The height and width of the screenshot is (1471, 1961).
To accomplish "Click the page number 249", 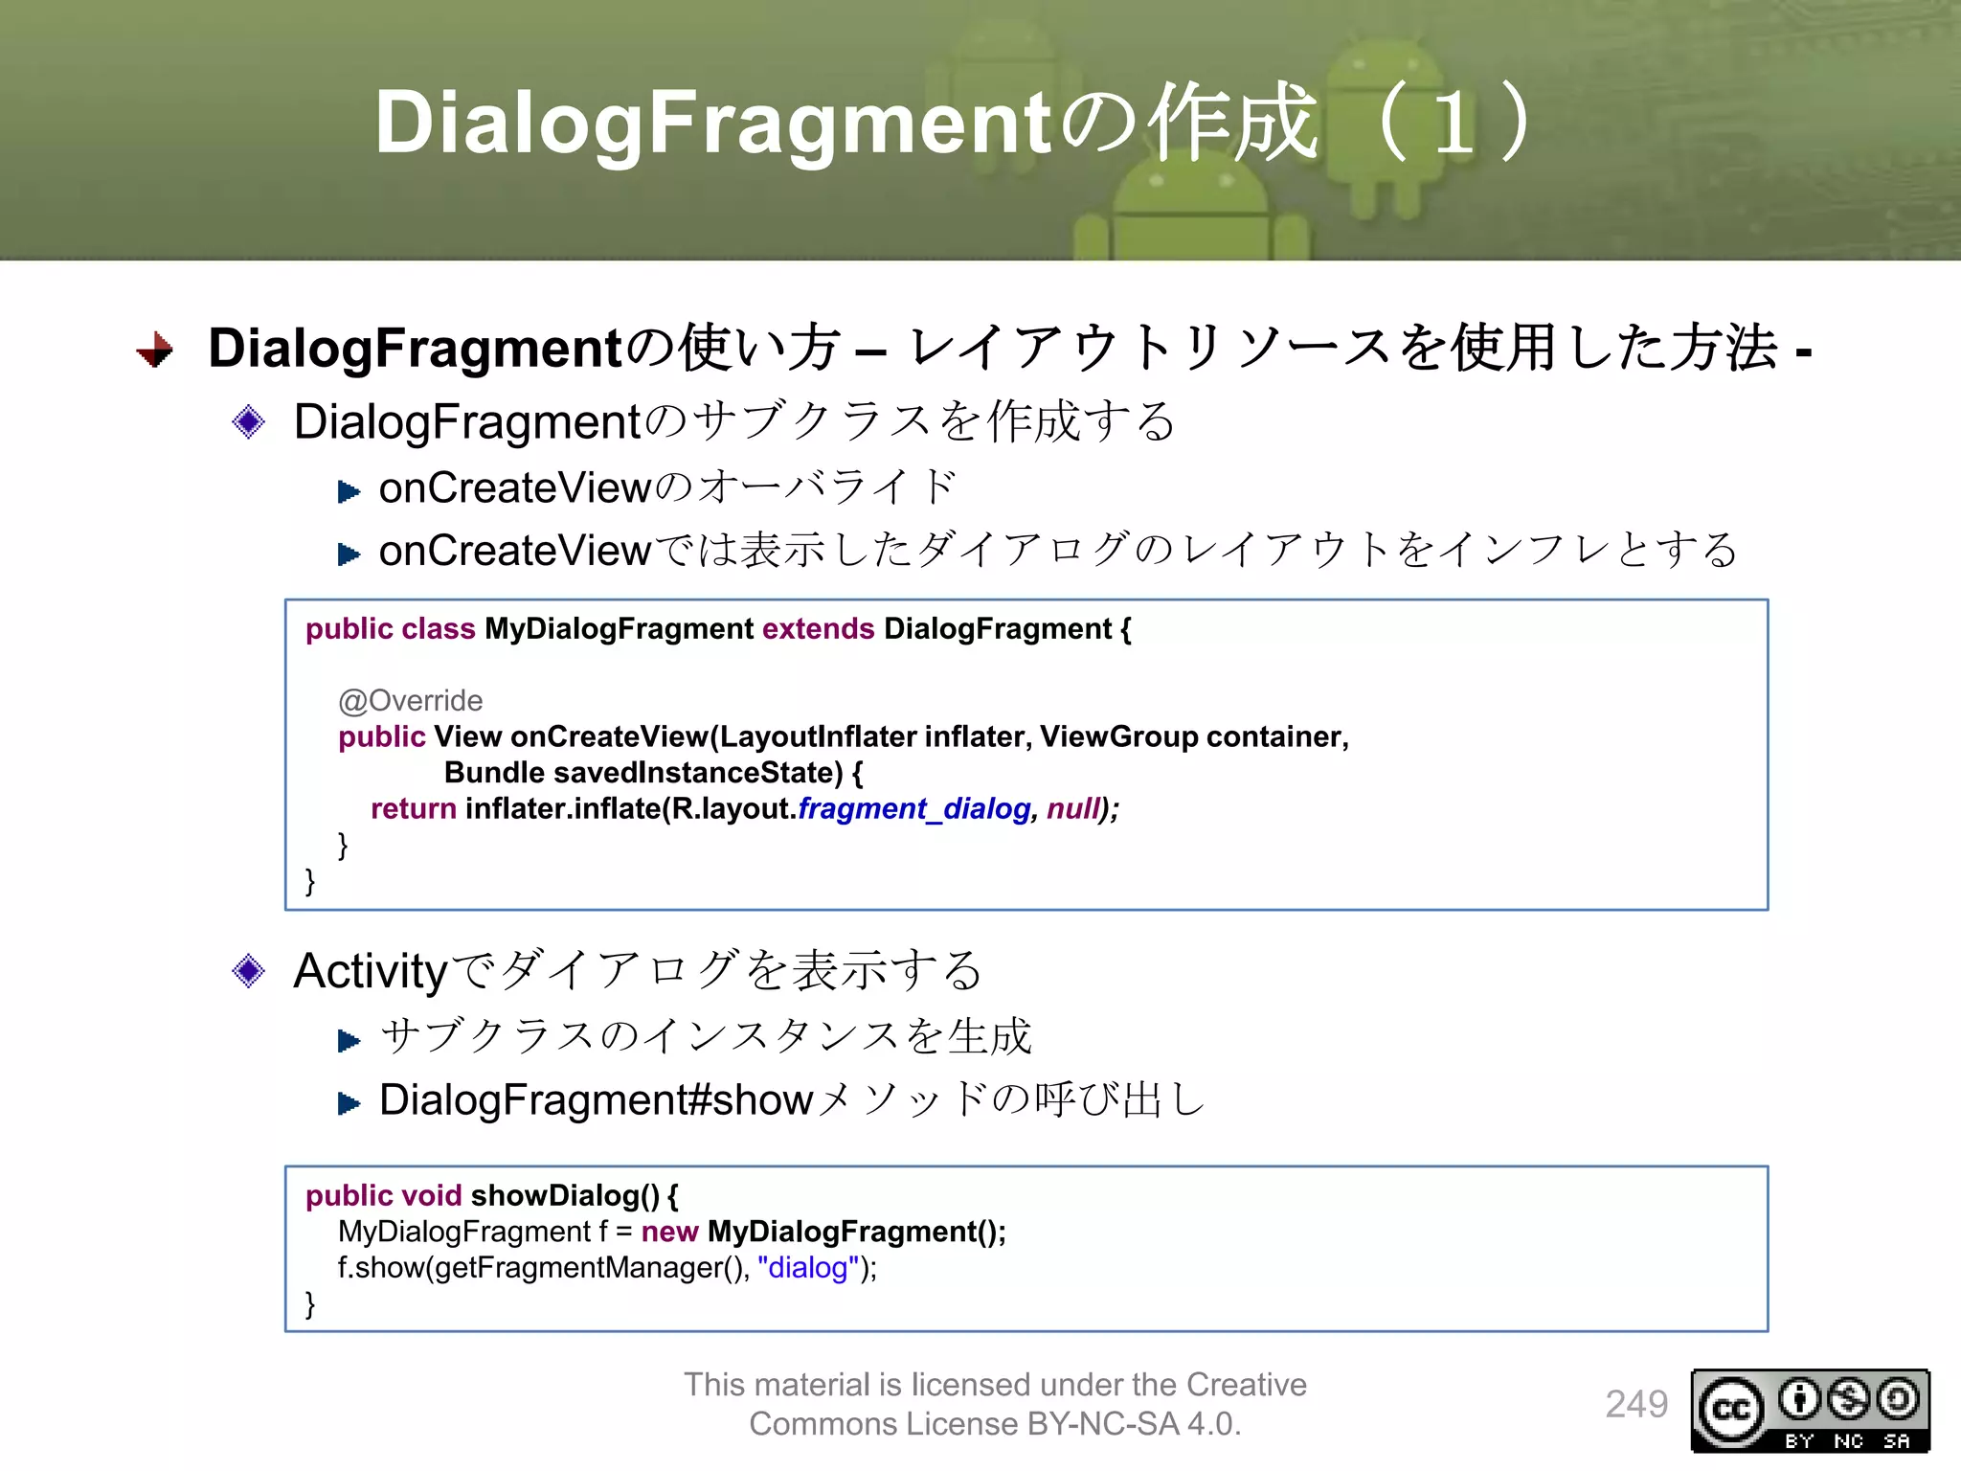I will [x=1636, y=1404].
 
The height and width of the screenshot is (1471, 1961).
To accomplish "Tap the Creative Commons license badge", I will [x=1810, y=1410].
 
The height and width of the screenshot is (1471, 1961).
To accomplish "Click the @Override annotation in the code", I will [x=410, y=701].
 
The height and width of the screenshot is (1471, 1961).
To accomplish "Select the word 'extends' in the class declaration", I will [x=818, y=629].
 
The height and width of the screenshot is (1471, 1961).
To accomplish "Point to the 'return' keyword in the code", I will [x=413, y=809].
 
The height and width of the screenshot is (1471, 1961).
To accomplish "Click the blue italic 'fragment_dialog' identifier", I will [x=914, y=809].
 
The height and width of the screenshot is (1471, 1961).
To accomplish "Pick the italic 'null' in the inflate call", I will [x=1072, y=809].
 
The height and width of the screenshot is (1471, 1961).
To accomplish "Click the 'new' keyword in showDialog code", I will [x=669, y=1232].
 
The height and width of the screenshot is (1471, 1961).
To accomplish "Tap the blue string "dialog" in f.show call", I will [x=807, y=1268].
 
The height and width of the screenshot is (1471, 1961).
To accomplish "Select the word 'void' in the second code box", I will [x=432, y=1196].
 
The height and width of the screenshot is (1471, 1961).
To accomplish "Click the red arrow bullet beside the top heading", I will [x=155, y=350].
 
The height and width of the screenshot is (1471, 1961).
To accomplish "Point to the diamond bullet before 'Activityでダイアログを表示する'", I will [x=249, y=971].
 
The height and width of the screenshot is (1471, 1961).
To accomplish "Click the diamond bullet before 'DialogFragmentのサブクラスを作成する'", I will [x=249, y=421].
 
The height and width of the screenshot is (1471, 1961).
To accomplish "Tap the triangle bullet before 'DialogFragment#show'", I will [x=349, y=1104].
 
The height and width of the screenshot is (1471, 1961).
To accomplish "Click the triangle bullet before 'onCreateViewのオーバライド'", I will [x=349, y=492].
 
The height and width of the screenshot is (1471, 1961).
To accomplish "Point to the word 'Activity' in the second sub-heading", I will [x=370, y=971].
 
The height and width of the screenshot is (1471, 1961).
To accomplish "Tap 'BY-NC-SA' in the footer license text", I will [x=1102, y=1424].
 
